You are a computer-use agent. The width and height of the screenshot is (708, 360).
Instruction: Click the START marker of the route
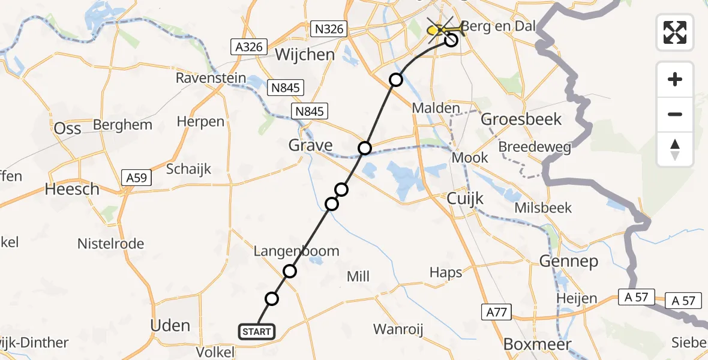(x=257, y=331)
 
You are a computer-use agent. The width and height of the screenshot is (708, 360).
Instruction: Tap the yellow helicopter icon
(x=442, y=28)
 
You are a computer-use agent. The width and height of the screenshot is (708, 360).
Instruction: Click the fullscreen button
(x=675, y=32)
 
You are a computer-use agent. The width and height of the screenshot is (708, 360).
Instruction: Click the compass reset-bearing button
(x=675, y=149)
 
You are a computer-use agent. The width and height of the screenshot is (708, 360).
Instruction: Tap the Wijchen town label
(x=305, y=55)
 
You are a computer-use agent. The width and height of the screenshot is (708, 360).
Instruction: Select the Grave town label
(x=310, y=145)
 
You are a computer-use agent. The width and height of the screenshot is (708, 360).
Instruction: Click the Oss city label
(x=67, y=129)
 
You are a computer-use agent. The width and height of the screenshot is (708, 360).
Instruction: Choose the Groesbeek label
(x=522, y=119)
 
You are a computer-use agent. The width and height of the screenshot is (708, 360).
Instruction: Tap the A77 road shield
(x=495, y=311)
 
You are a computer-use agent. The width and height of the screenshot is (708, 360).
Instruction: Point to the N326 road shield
(x=329, y=29)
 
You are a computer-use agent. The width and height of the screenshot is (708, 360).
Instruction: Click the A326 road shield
(x=247, y=47)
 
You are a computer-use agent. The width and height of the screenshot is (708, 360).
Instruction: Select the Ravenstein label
(x=211, y=78)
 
